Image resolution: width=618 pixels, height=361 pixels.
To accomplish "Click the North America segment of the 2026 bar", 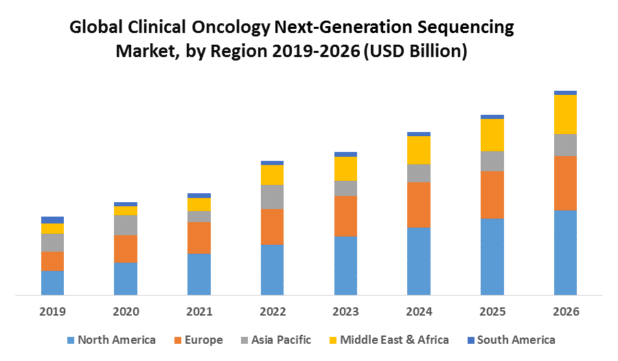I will [x=565, y=252].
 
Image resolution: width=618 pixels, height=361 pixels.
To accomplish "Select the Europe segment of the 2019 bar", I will [x=52, y=261].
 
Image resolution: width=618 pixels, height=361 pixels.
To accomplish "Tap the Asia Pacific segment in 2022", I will [x=272, y=197].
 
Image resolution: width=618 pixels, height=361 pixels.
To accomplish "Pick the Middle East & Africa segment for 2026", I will [x=565, y=114].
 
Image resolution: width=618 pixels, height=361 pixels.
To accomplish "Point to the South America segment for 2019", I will [x=52, y=220].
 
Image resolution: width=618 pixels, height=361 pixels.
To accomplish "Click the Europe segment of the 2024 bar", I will [x=419, y=205].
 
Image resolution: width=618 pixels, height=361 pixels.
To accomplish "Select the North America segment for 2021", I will [x=199, y=274].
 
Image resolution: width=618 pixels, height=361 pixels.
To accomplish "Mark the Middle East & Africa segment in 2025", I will [x=492, y=135].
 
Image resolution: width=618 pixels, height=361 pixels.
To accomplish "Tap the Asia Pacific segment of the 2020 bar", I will [x=126, y=225].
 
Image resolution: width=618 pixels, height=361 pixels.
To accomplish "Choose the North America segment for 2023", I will [x=345, y=265].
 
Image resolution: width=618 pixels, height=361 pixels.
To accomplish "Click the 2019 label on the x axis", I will [x=52, y=311].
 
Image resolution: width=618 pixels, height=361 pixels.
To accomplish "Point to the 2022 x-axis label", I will [x=272, y=311].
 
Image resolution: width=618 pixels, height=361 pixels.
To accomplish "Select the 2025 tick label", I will [x=492, y=311].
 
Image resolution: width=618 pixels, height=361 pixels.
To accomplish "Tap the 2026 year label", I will [x=565, y=311].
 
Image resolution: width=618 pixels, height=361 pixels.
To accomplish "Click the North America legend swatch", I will [x=71, y=340].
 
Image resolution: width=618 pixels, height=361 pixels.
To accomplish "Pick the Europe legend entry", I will [x=203, y=340].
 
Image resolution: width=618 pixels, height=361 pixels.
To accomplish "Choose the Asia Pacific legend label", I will [x=281, y=340].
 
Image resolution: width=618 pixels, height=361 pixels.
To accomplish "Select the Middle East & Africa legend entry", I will [x=394, y=340].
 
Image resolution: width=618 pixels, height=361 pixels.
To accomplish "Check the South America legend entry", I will [x=516, y=340].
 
